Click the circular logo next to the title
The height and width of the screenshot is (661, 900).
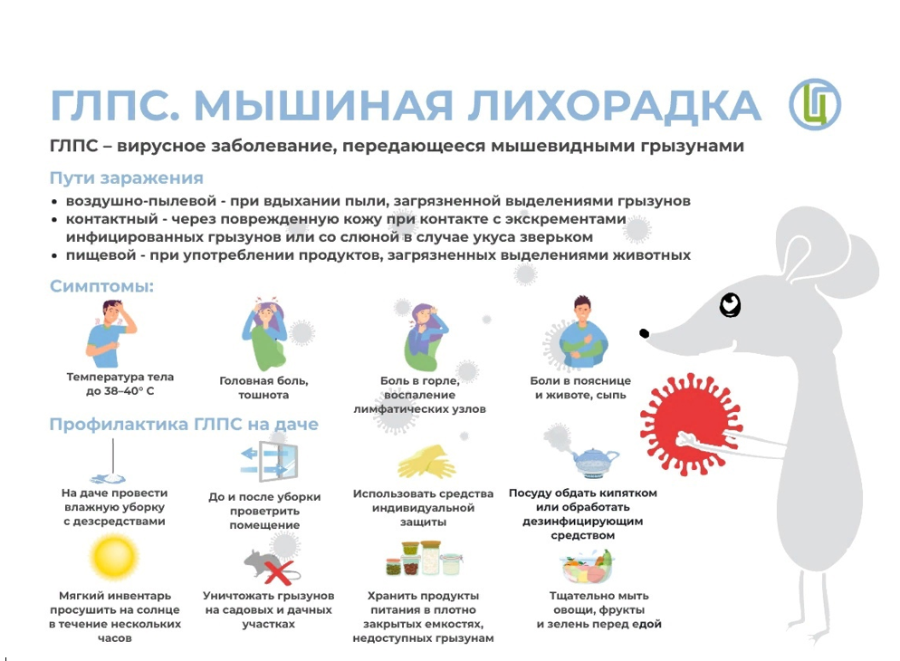tap(815, 104)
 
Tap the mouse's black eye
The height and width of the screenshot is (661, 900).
tap(730, 304)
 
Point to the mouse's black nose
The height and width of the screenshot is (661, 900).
tap(645, 333)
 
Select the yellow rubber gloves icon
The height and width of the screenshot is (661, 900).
tap(426, 461)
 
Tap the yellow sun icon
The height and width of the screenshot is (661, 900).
tap(114, 557)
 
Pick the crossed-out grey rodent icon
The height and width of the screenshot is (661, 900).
tap(271, 566)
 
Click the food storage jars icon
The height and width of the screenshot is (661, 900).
tap(424, 559)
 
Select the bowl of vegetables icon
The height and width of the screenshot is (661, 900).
tap(588, 566)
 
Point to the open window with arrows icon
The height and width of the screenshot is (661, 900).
tap(270, 461)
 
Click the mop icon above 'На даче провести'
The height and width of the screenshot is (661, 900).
tap(110, 462)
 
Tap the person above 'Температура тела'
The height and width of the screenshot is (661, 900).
tap(111, 334)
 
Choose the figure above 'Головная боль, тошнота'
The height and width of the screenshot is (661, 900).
tap(264, 333)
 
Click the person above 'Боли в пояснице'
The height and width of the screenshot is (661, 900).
tap(582, 333)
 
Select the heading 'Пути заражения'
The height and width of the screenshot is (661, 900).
tap(126, 177)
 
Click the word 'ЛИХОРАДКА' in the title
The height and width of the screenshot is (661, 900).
tap(614, 106)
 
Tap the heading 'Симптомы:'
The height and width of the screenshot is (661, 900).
tap(101, 286)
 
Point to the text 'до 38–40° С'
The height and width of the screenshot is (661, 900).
tap(120, 391)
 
